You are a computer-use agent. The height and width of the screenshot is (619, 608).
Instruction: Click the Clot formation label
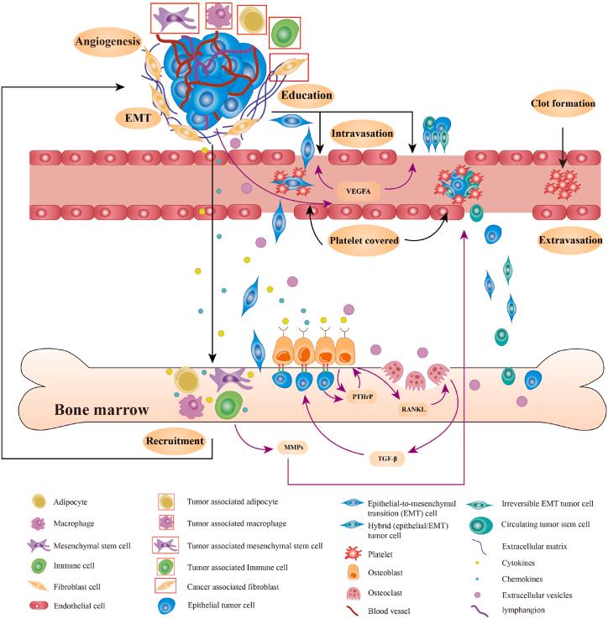[562, 106]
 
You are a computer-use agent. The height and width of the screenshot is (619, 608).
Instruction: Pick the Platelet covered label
[364, 239]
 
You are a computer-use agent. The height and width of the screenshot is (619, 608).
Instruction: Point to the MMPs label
[292, 448]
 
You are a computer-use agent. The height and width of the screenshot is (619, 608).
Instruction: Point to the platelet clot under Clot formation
[560, 183]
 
